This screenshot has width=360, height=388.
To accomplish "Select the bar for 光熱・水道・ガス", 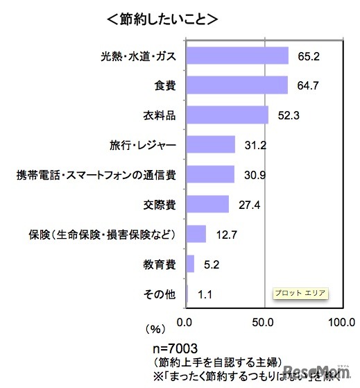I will tap(237, 55).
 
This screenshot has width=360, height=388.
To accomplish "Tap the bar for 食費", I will tap(237, 85).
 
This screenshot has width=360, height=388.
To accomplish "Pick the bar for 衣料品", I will tap(227, 115).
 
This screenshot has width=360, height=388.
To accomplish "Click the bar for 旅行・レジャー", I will tap(211, 144).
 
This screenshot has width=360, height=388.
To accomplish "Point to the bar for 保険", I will tap(196, 234).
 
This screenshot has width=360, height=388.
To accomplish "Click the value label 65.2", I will tap(308, 55).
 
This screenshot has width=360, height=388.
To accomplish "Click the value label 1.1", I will tap(205, 294).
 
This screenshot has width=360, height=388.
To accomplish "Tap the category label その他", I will tap(160, 294).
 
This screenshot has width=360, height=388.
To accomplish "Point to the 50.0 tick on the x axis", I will tap(264, 322).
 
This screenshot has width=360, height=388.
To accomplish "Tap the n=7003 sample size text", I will tap(179, 346).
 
